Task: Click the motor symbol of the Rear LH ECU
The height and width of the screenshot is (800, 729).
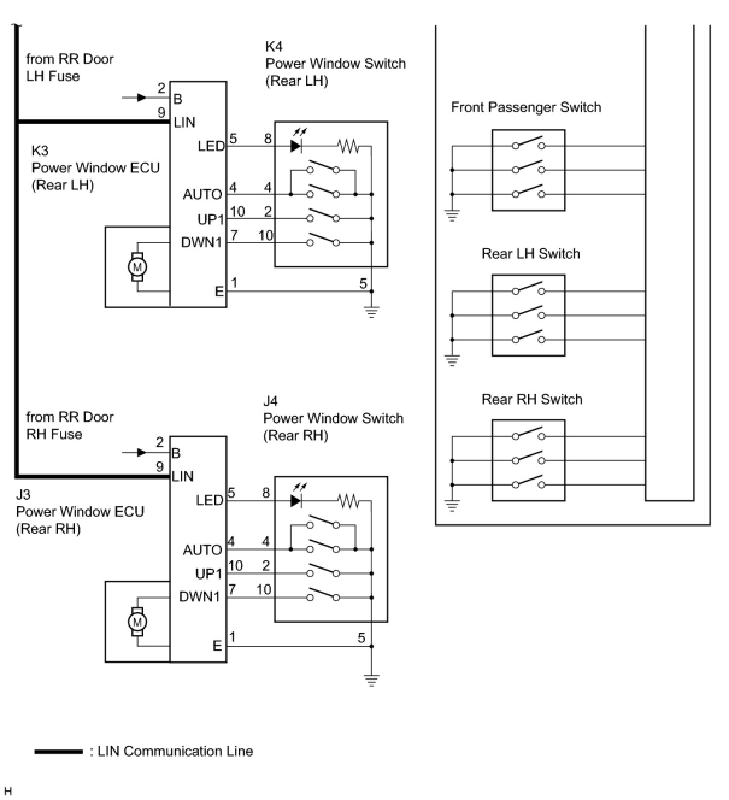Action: click(x=137, y=267)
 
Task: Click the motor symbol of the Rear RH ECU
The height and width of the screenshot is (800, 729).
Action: click(x=137, y=621)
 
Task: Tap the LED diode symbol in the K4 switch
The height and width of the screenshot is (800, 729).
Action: click(x=295, y=146)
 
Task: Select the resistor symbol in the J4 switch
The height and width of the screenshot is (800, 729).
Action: click(x=348, y=501)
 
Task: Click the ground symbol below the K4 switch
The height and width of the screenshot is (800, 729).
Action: click(x=372, y=311)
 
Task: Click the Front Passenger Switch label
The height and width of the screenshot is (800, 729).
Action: click(x=526, y=107)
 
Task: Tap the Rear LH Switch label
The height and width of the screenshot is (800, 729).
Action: click(x=531, y=254)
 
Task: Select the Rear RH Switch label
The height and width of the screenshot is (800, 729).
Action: click(x=532, y=399)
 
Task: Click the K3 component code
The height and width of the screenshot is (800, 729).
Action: click(x=40, y=151)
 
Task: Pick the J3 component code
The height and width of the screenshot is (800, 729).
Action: click(x=23, y=495)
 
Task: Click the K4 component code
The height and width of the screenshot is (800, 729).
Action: click(x=274, y=46)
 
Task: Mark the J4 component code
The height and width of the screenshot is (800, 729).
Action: click(x=271, y=401)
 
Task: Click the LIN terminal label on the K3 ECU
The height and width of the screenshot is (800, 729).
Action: click(x=184, y=122)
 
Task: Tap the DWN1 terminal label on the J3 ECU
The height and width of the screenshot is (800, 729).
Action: click(x=199, y=597)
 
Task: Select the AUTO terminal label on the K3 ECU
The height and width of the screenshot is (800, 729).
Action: click(x=202, y=195)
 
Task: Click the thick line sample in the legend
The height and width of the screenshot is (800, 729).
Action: click(x=58, y=751)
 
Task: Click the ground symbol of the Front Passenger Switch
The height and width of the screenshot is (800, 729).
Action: click(x=452, y=215)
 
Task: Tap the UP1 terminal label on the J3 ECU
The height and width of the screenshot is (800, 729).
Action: click(x=208, y=573)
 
